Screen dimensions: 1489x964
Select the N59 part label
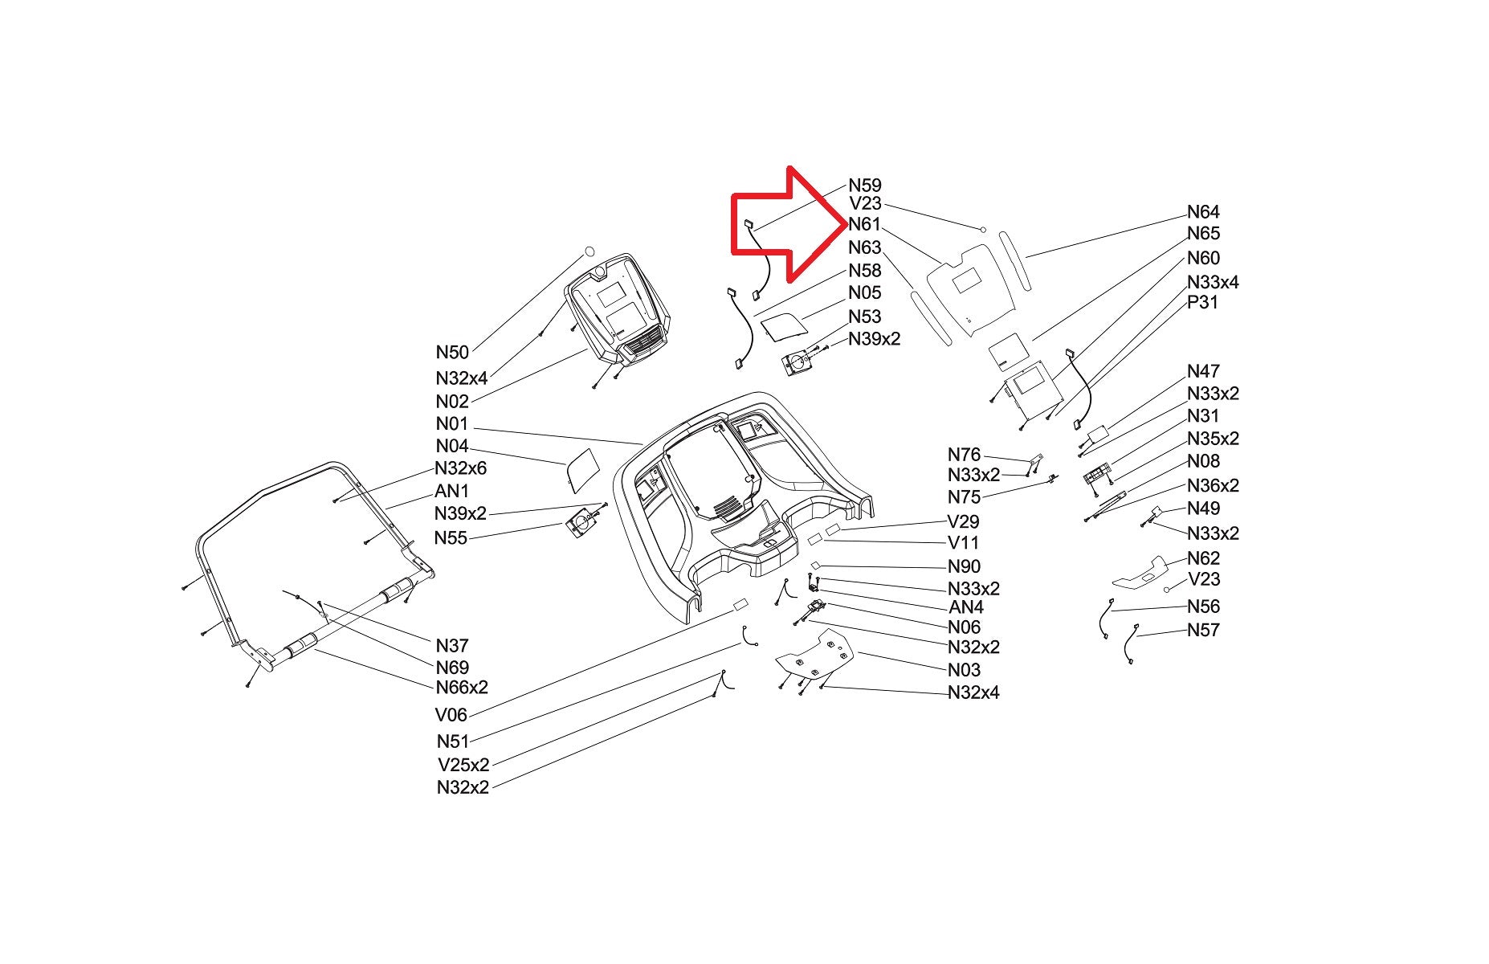pos(865,185)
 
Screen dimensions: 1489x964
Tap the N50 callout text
pos(452,352)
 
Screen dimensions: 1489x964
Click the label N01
pos(451,423)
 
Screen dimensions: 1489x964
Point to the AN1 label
pos(451,490)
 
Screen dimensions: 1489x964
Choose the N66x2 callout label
pos(462,687)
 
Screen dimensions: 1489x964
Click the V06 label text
pos(451,714)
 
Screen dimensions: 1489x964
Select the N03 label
pos(965,669)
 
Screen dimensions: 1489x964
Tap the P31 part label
pos(1202,302)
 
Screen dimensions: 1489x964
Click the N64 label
pos(1203,211)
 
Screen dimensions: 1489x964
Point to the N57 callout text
pos(1203,630)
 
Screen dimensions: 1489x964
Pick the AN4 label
pos(966,607)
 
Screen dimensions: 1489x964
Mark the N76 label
pos(965,455)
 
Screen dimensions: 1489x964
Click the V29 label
pos(964,521)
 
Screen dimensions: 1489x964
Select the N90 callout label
pos(965,566)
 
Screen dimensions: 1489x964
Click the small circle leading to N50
pos(589,250)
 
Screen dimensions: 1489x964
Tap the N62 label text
pos(1203,558)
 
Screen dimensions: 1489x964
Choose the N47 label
pos(1203,370)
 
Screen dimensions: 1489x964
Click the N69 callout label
pos(452,667)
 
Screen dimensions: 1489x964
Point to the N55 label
pos(451,537)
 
